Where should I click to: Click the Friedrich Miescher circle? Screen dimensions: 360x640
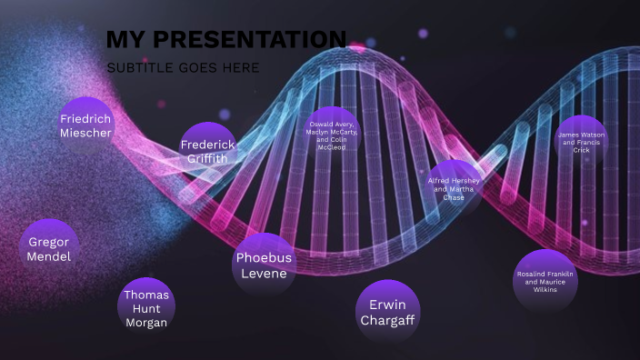(x=85, y=125)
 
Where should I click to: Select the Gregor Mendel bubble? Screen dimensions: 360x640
(x=49, y=248)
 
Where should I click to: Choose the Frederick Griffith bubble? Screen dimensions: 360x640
(x=207, y=150)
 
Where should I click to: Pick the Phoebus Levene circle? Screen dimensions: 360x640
(x=264, y=264)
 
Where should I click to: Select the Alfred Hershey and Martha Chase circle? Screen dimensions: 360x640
(x=454, y=187)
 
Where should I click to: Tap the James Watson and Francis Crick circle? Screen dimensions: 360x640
(x=581, y=143)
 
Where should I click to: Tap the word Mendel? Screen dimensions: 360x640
(x=49, y=256)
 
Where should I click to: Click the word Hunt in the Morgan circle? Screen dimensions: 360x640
(x=145, y=308)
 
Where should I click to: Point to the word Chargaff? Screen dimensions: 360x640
(x=387, y=320)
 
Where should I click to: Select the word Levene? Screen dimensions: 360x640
(x=264, y=273)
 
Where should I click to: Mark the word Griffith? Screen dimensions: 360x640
(x=207, y=158)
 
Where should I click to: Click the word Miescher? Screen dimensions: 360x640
(x=85, y=133)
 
